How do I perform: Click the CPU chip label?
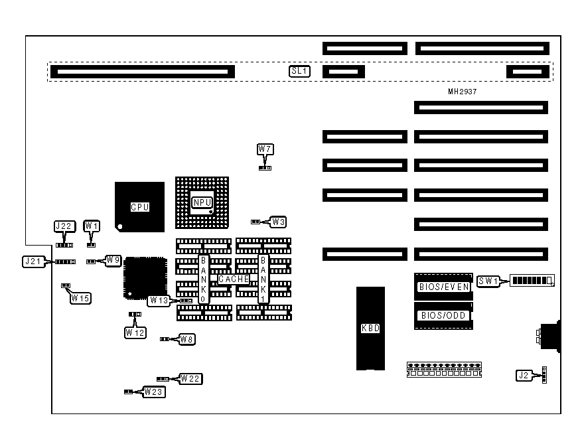pyautogui.click(x=139, y=207)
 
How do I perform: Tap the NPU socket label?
pyautogui.click(x=202, y=202)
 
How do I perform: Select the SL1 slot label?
pyautogui.click(x=299, y=71)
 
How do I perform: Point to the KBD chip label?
pyautogui.click(x=370, y=328)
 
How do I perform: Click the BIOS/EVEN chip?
pyautogui.click(x=443, y=287)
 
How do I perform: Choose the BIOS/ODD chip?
pyautogui.click(x=442, y=316)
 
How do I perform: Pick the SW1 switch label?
pyautogui.click(x=488, y=281)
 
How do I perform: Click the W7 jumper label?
pyautogui.click(x=265, y=149)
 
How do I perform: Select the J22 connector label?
pyautogui.click(x=63, y=226)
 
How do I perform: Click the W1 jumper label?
pyautogui.click(x=92, y=226)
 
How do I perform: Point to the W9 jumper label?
pyautogui.click(x=113, y=261)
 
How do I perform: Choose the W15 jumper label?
pyautogui.click(x=80, y=298)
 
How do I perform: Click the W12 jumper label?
pyautogui.click(x=134, y=332)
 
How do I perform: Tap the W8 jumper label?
pyautogui.click(x=187, y=339)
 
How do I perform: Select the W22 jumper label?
pyautogui.click(x=191, y=378)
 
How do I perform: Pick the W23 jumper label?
pyautogui.click(x=155, y=392)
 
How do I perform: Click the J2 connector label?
pyautogui.click(x=524, y=376)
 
